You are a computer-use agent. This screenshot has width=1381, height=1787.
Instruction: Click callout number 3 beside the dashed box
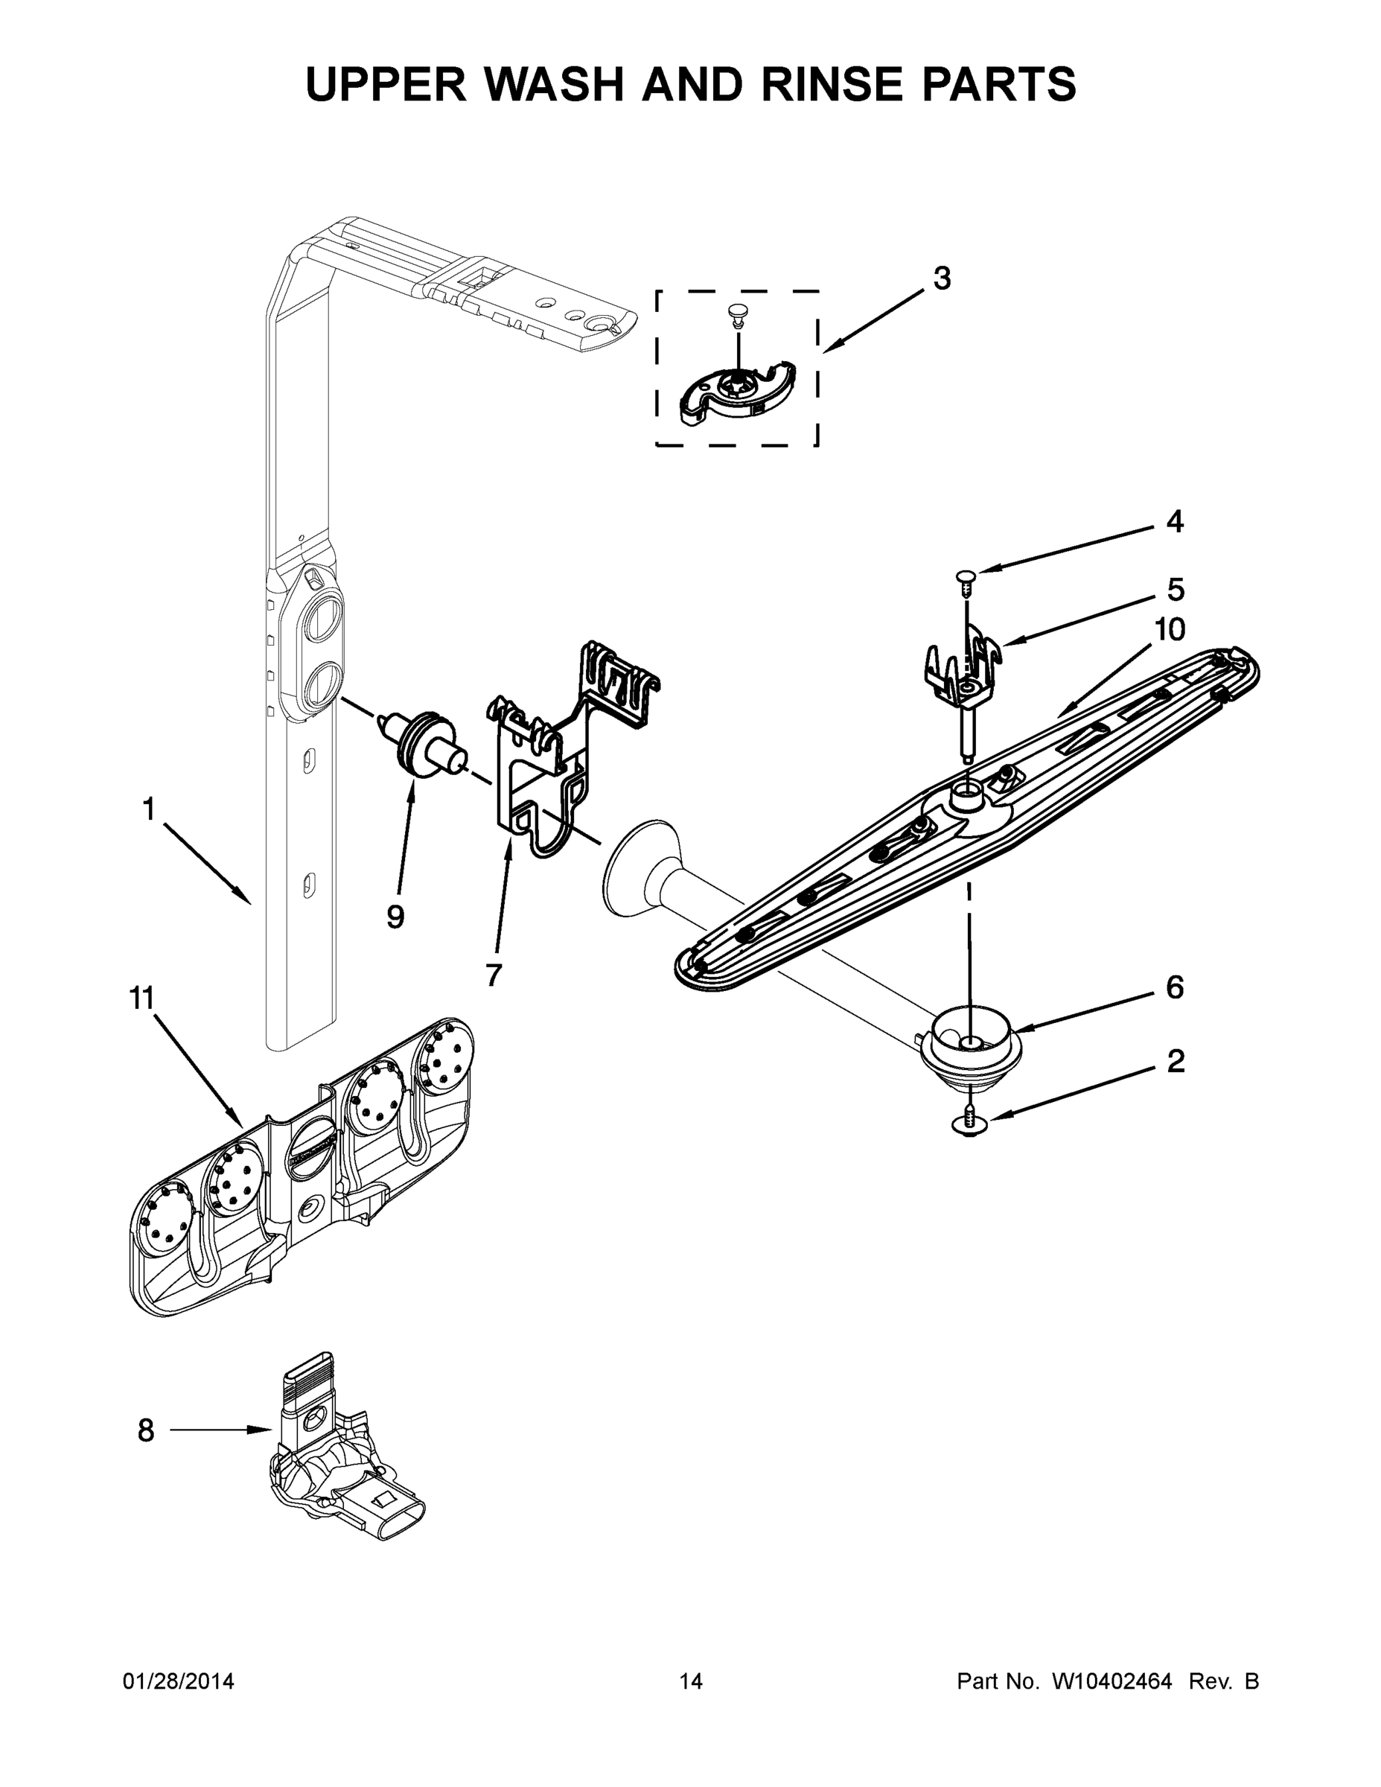[x=942, y=279]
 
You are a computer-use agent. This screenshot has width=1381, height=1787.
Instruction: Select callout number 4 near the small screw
[x=1174, y=521]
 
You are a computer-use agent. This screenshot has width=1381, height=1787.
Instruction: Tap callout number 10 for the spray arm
[x=1169, y=629]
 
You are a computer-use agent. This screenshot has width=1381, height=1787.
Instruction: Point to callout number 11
[x=141, y=998]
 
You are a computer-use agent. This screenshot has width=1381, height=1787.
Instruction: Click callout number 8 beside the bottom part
[x=146, y=1430]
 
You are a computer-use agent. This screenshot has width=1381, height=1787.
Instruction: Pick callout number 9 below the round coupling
[x=395, y=917]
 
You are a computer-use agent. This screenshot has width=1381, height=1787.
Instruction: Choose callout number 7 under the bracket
[x=493, y=975]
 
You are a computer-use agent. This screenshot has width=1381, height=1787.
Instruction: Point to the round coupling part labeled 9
[x=424, y=742]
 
